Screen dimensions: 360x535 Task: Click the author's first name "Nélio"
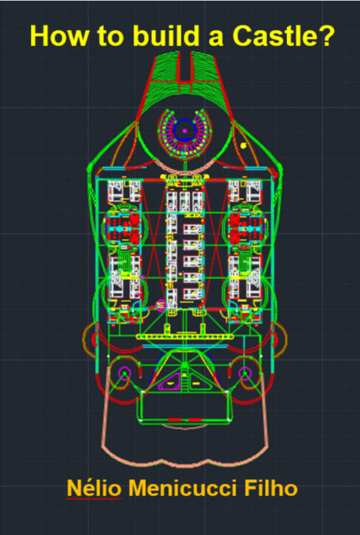(94, 488)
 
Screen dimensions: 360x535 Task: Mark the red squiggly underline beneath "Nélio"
(94, 499)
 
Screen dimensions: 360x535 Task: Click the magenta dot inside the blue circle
(184, 130)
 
